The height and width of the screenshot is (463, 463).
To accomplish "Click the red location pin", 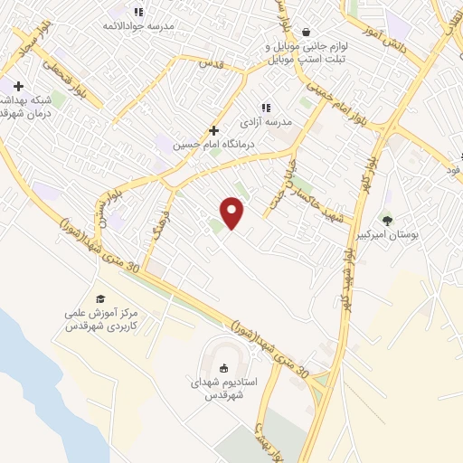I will tap(233, 213).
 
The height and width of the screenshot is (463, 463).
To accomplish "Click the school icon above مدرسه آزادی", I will tap(266, 107).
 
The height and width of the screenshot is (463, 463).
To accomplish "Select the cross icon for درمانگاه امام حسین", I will tap(213, 130).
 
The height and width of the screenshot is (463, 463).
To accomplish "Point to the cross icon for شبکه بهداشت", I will tap(17, 86).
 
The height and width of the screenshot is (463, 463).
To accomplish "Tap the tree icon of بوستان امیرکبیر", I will tap(387, 220).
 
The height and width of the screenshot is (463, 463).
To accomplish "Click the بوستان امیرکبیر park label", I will tap(387, 234).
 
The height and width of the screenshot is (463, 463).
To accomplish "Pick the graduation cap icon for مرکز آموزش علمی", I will tap(101, 299).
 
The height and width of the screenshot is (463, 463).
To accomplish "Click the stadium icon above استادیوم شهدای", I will tap(222, 367).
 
